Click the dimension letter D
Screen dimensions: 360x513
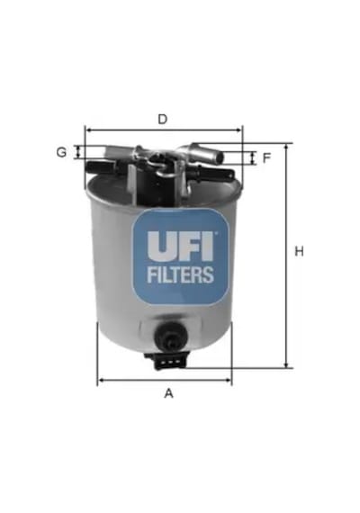[x=163, y=119]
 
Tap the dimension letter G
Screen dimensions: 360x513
[x=61, y=152]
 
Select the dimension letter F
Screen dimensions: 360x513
[x=267, y=158]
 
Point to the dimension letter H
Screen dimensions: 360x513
[x=299, y=251]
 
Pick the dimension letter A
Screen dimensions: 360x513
[x=168, y=393]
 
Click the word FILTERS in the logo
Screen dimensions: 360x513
[x=180, y=274]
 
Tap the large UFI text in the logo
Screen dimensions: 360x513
[x=180, y=247]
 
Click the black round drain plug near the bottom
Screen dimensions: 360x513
[x=171, y=336]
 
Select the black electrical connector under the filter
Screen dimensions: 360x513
[x=166, y=361]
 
